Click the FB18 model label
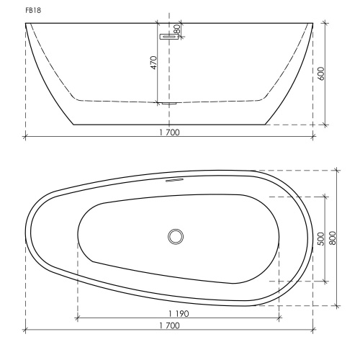33,11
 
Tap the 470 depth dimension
153,63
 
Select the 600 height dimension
322,73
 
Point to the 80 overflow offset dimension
177,30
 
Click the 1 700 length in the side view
169,132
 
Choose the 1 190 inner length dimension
179,314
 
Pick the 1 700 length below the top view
169,325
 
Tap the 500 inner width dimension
321,239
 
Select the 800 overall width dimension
333,238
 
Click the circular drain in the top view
176,237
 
